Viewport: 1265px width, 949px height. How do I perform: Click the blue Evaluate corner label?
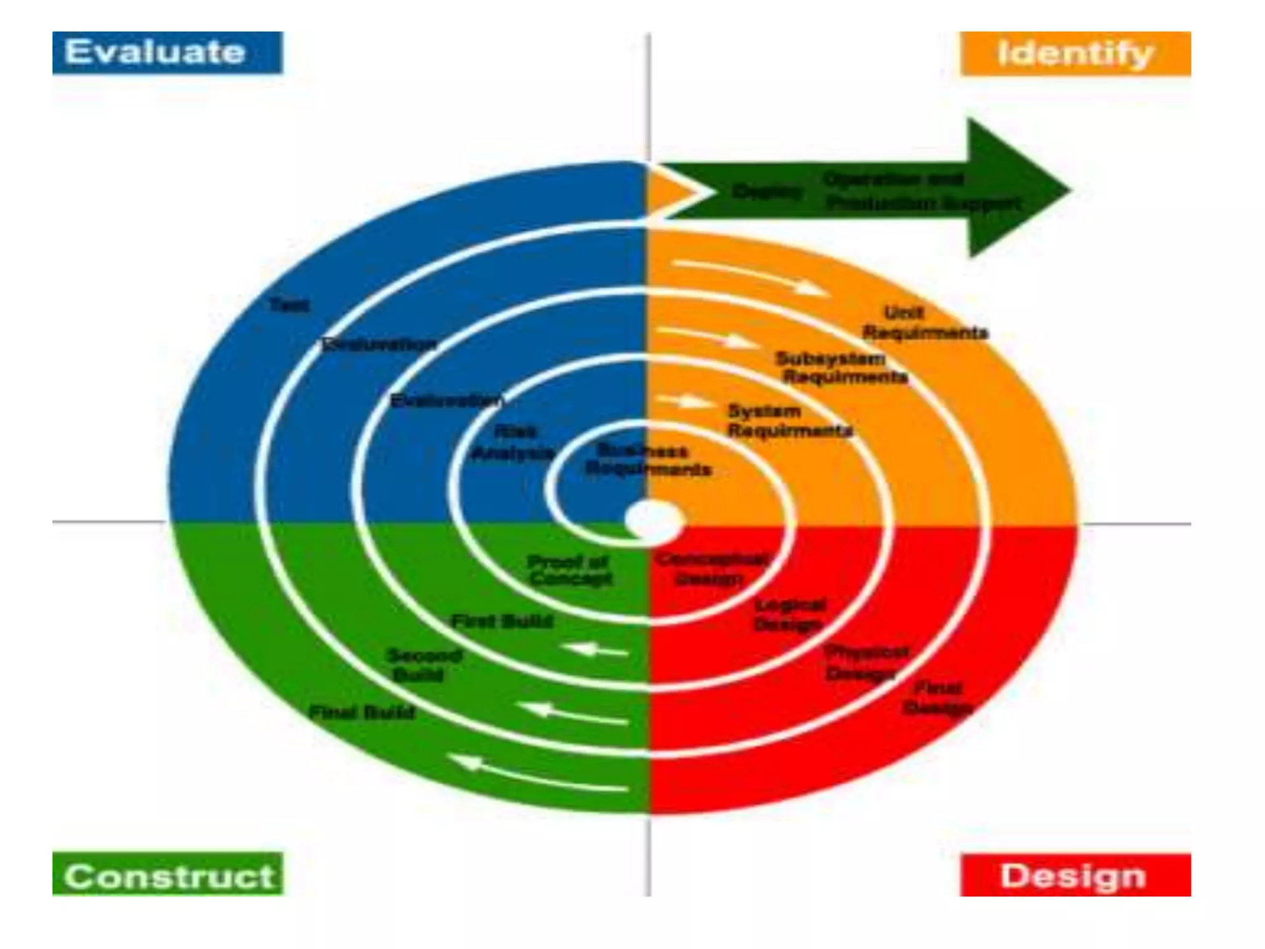pyautogui.click(x=167, y=53)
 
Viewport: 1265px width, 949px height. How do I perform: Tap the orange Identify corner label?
pyautogui.click(x=1075, y=54)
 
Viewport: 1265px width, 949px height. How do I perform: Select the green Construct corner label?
pyautogui.click(x=167, y=874)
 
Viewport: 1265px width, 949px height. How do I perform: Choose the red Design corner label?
pyautogui.click(x=1075, y=875)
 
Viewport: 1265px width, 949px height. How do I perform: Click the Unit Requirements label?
pyautogui.click(x=924, y=323)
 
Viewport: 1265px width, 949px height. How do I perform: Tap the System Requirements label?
pyautogui.click(x=789, y=421)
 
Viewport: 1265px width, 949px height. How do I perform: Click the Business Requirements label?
pyautogui.click(x=647, y=460)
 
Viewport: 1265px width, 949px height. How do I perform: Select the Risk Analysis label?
pyautogui.click(x=513, y=443)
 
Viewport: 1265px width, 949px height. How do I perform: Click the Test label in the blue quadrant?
pyautogui.click(x=289, y=305)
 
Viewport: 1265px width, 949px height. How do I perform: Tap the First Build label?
pyautogui.click(x=502, y=621)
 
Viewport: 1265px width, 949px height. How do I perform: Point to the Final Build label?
pyautogui.click(x=362, y=712)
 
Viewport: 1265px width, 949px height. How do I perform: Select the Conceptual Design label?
pyautogui.click(x=712, y=569)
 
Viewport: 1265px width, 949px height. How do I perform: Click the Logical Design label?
pyautogui.click(x=789, y=615)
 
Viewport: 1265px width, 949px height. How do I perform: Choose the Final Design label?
pyautogui.click(x=938, y=698)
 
